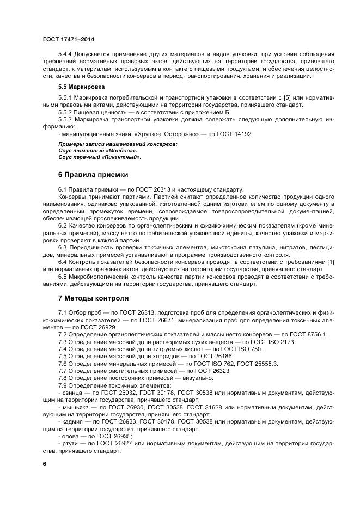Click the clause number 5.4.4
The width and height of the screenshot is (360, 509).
pyautogui.click(x=66, y=54)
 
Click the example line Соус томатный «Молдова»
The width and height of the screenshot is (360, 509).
pyautogui.click(x=90, y=150)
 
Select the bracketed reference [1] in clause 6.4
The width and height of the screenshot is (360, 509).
pyautogui.click(x=330, y=262)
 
